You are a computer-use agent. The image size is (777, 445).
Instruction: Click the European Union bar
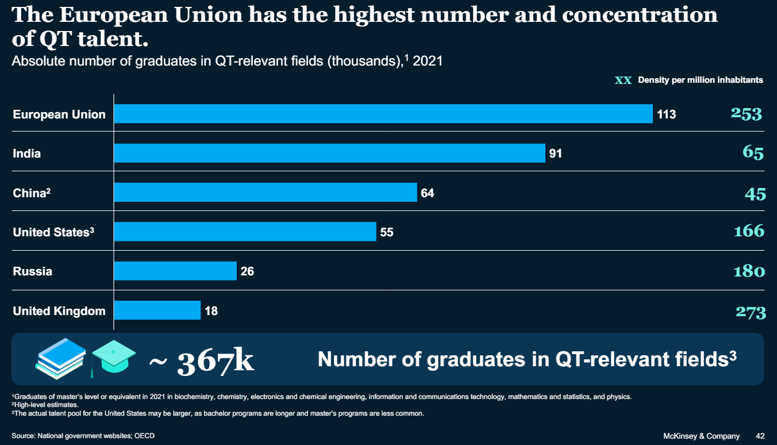point(383,114)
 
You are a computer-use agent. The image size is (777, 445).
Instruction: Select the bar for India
point(329,154)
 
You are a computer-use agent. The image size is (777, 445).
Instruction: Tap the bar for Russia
point(175,271)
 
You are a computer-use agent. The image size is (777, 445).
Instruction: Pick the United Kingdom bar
point(157,310)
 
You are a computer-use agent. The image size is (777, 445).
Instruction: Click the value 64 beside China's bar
point(428,193)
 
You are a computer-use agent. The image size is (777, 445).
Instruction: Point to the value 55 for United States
point(387,232)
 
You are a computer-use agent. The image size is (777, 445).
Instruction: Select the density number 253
point(746,114)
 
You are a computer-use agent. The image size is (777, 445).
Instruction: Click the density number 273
point(751,313)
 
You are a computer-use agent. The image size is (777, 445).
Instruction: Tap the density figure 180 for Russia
point(749,271)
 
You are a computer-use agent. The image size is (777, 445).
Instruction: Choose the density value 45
point(755,194)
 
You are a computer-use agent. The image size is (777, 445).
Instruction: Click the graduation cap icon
point(114,357)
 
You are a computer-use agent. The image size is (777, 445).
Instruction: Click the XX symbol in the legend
point(623,80)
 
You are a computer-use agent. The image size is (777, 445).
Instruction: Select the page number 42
point(760,436)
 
